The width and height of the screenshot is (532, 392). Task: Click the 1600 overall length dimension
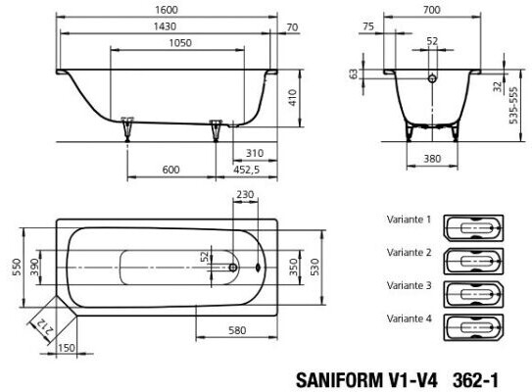(167, 10)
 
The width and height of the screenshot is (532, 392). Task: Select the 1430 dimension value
(165, 26)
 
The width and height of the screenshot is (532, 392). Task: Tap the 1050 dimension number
(180, 43)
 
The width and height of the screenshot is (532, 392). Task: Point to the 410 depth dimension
(293, 98)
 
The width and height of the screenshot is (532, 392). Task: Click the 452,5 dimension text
(246, 170)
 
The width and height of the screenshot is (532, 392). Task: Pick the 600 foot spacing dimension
(170, 170)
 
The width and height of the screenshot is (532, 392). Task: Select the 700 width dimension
(431, 10)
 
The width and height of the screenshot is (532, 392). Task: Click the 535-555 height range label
(514, 106)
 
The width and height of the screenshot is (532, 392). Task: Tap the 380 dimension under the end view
(432, 159)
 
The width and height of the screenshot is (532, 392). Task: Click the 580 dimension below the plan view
(237, 330)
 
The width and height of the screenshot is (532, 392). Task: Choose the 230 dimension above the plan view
(245, 194)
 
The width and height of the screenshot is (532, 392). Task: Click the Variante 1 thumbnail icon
(473, 228)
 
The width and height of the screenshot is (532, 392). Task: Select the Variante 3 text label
(409, 285)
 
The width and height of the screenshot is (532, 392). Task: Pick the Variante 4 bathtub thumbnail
(473, 327)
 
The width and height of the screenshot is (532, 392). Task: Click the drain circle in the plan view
(233, 268)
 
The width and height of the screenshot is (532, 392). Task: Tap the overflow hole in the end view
(432, 78)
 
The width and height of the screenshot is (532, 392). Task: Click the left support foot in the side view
(127, 129)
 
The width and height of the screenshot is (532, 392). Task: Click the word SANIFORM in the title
(339, 380)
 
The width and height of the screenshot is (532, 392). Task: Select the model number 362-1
(475, 380)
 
